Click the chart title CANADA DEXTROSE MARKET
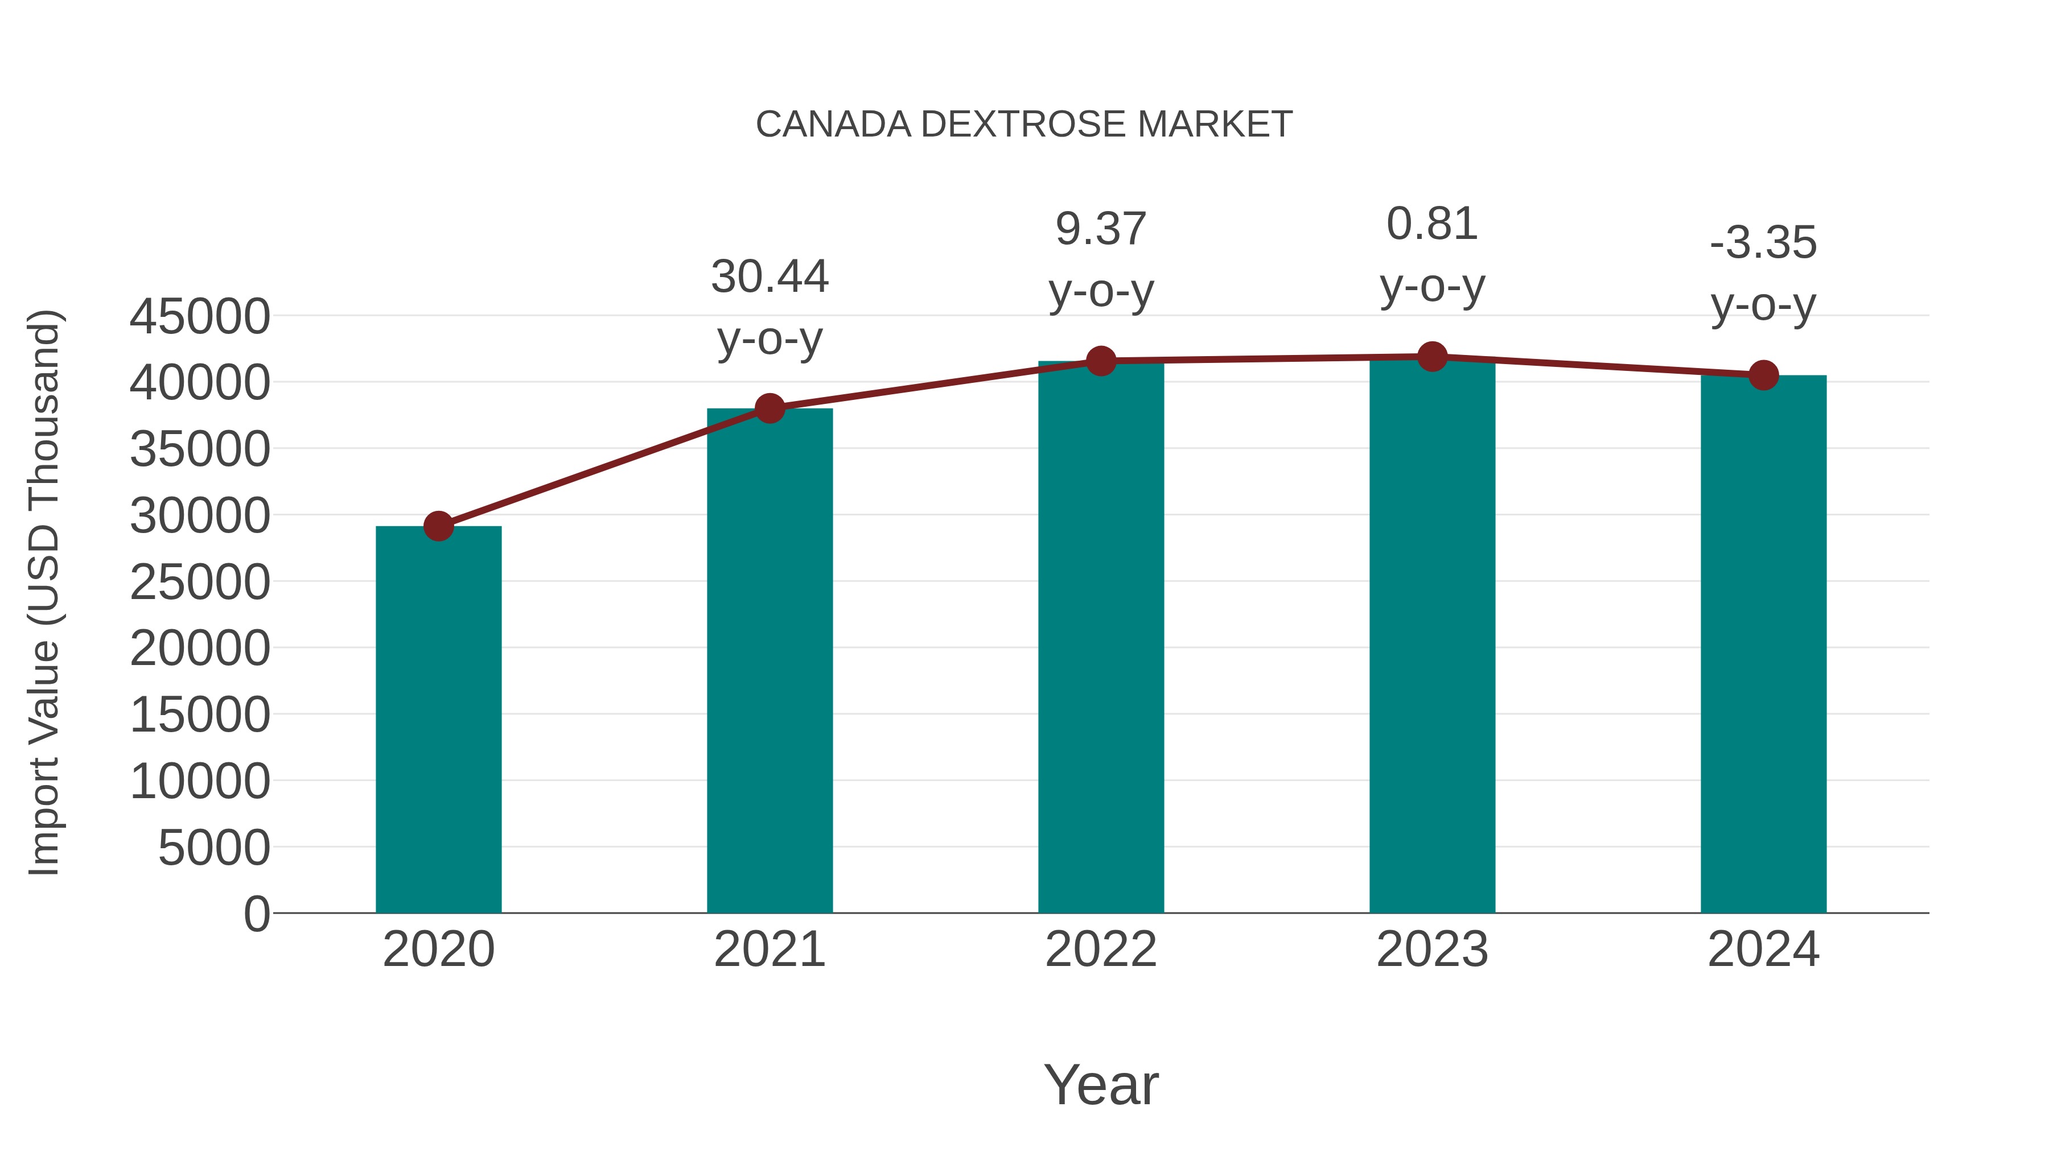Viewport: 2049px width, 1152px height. point(1024,125)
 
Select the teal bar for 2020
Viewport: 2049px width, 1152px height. point(438,720)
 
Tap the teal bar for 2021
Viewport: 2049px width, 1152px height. point(769,660)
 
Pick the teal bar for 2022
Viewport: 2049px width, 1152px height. point(1101,636)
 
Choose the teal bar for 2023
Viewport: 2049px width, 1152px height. point(1432,636)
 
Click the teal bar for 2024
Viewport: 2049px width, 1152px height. point(1763,644)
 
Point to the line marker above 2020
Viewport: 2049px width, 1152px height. point(438,526)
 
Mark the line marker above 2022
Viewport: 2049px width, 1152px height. point(1101,361)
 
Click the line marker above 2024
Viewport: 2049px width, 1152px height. point(1763,375)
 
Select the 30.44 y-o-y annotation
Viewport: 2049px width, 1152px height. point(769,308)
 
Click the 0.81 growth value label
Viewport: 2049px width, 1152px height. point(1432,224)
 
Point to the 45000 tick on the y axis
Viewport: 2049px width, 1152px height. point(200,316)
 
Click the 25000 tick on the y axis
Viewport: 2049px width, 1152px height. point(200,582)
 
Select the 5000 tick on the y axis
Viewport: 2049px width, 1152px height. point(214,848)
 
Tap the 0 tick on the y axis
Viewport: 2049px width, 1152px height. point(257,914)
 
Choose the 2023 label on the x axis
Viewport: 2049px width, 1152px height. point(1432,949)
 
